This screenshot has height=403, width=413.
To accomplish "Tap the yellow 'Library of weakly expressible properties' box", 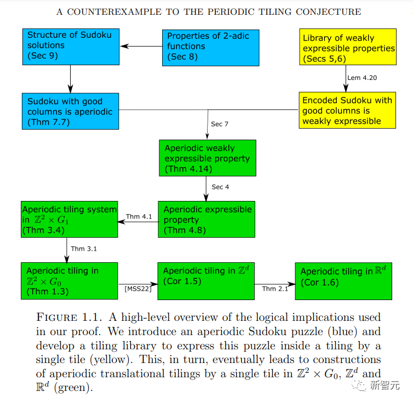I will point(347,49).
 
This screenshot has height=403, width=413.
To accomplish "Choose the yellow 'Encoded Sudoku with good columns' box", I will point(347,110).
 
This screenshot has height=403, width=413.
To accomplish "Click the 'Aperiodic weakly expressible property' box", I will point(207,158).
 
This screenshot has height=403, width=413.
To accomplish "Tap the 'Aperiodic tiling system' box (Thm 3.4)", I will point(70,220).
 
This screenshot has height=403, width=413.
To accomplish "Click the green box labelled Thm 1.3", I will point(70,280).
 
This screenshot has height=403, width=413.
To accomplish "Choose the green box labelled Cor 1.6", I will point(343,281).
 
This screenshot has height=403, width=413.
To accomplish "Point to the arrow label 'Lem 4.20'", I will point(362,78).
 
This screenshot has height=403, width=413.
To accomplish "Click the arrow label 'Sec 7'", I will point(220,124).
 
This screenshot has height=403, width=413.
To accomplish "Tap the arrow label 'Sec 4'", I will point(220,187).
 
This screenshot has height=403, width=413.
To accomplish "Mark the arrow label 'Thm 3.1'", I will point(85,249).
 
